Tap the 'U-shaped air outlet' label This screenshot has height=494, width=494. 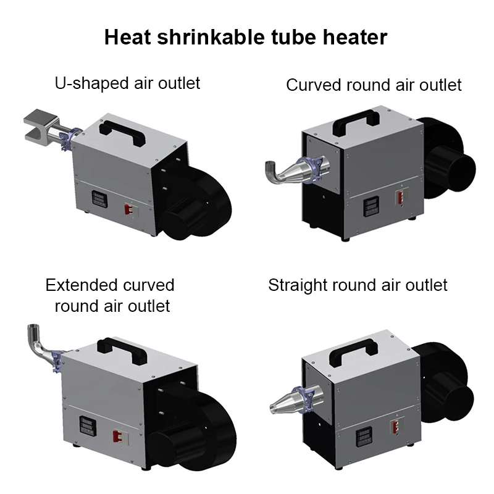click(x=127, y=83)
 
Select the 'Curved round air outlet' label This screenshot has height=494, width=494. click(x=374, y=85)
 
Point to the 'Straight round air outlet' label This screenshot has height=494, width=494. click(x=358, y=285)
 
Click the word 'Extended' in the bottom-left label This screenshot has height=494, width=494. click(x=81, y=285)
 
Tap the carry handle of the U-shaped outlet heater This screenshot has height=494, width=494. click(x=122, y=133)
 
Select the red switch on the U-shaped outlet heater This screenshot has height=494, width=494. click(x=128, y=209)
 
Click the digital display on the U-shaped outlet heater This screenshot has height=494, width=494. click(x=99, y=199)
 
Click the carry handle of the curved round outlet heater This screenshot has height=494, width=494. click(x=356, y=122)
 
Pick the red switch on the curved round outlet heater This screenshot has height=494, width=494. click(x=400, y=198)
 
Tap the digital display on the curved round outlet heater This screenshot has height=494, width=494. click(x=372, y=207)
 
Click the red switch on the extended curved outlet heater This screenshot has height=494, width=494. click(x=117, y=437)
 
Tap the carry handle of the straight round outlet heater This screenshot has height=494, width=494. click(x=353, y=352)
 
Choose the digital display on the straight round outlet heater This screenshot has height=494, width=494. click(x=364, y=438)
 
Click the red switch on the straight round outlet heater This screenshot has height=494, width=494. click(x=395, y=427)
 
